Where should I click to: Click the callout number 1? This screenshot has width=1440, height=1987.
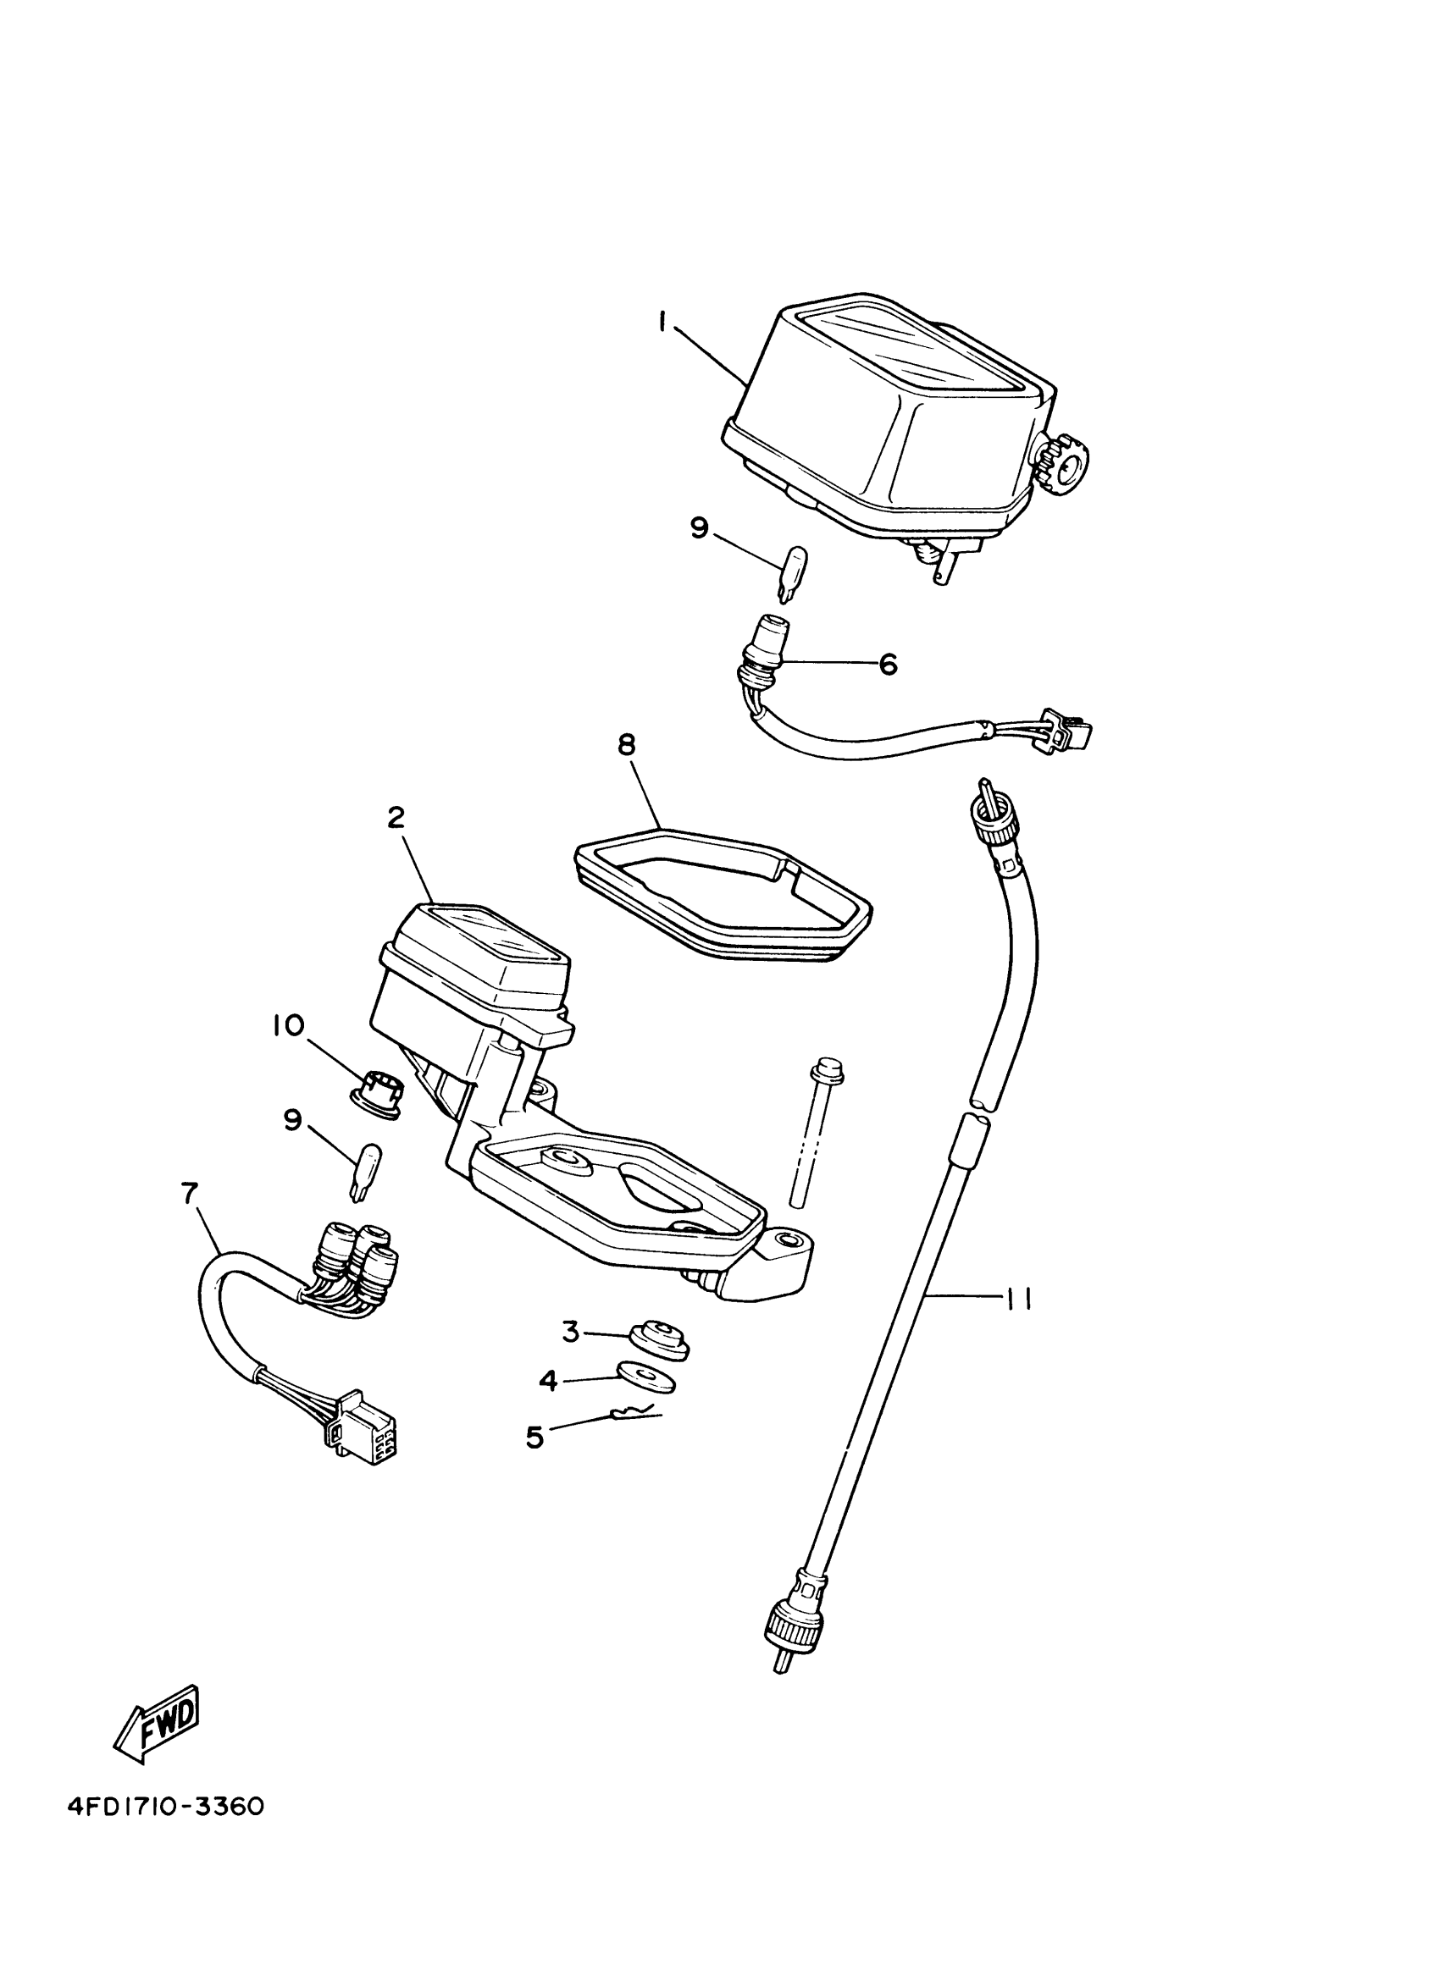(662, 323)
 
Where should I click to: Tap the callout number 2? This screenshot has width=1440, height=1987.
(396, 819)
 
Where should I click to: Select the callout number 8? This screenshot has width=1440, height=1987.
(627, 746)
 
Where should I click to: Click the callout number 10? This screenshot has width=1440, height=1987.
(288, 1025)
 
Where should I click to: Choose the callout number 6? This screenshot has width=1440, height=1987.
(888, 665)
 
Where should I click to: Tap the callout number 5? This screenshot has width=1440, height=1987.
(534, 1437)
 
